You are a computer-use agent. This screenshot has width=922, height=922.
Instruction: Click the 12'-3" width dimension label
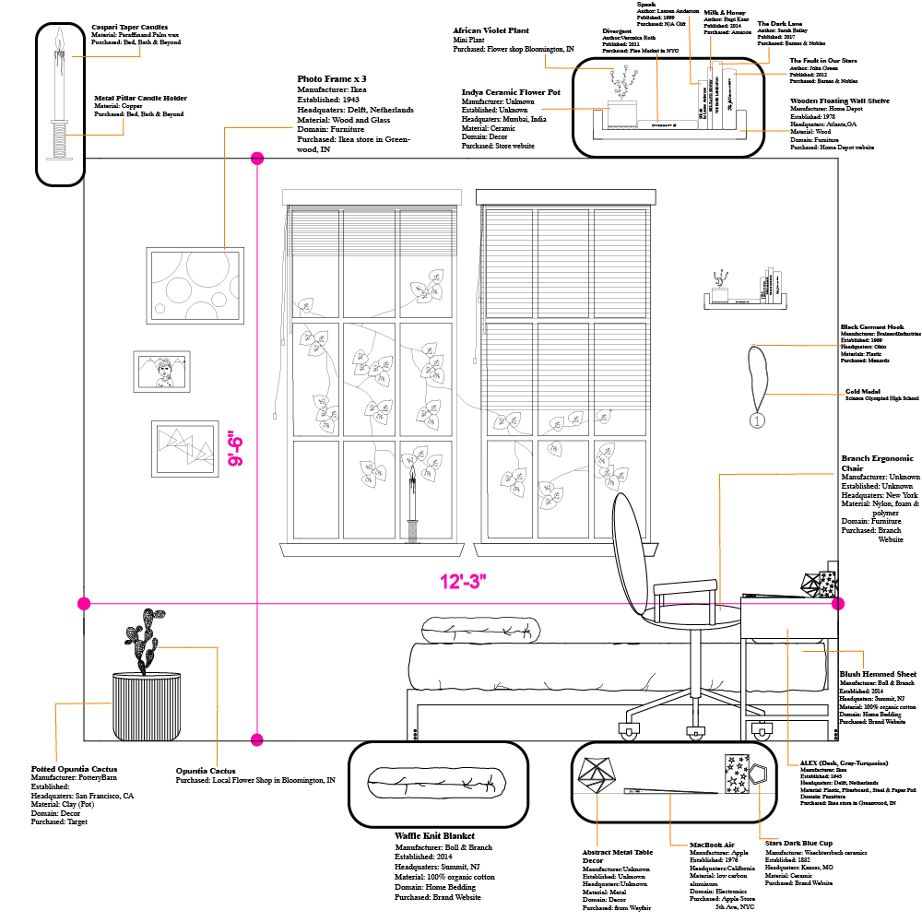pos(463,582)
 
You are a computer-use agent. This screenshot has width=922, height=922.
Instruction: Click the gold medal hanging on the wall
pos(757,420)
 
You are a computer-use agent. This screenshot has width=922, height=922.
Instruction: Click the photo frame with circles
pos(195,285)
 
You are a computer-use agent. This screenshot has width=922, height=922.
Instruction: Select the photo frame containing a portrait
pos(161,373)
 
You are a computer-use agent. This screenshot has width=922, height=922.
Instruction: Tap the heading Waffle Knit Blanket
pos(434,836)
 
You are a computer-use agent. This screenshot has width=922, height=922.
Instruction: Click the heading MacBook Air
pos(711,845)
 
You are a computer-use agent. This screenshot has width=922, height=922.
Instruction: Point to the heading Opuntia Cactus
pos(205,771)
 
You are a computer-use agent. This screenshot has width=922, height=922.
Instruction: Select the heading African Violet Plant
pos(491,30)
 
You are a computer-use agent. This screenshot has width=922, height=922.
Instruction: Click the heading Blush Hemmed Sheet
pos(877,674)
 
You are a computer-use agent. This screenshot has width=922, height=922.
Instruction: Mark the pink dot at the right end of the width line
pos(838,604)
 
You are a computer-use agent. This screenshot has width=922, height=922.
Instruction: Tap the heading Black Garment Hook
pos(872,326)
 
